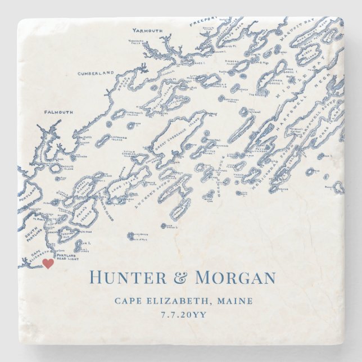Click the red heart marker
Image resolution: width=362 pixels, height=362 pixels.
pyautogui.click(x=48, y=263)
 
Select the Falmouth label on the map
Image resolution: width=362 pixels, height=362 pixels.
pyautogui.click(x=58, y=112)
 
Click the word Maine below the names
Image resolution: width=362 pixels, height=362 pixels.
pyautogui.click(x=233, y=301)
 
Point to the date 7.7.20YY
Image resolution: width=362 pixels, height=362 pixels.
pyautogui.click(x=181, y=315)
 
